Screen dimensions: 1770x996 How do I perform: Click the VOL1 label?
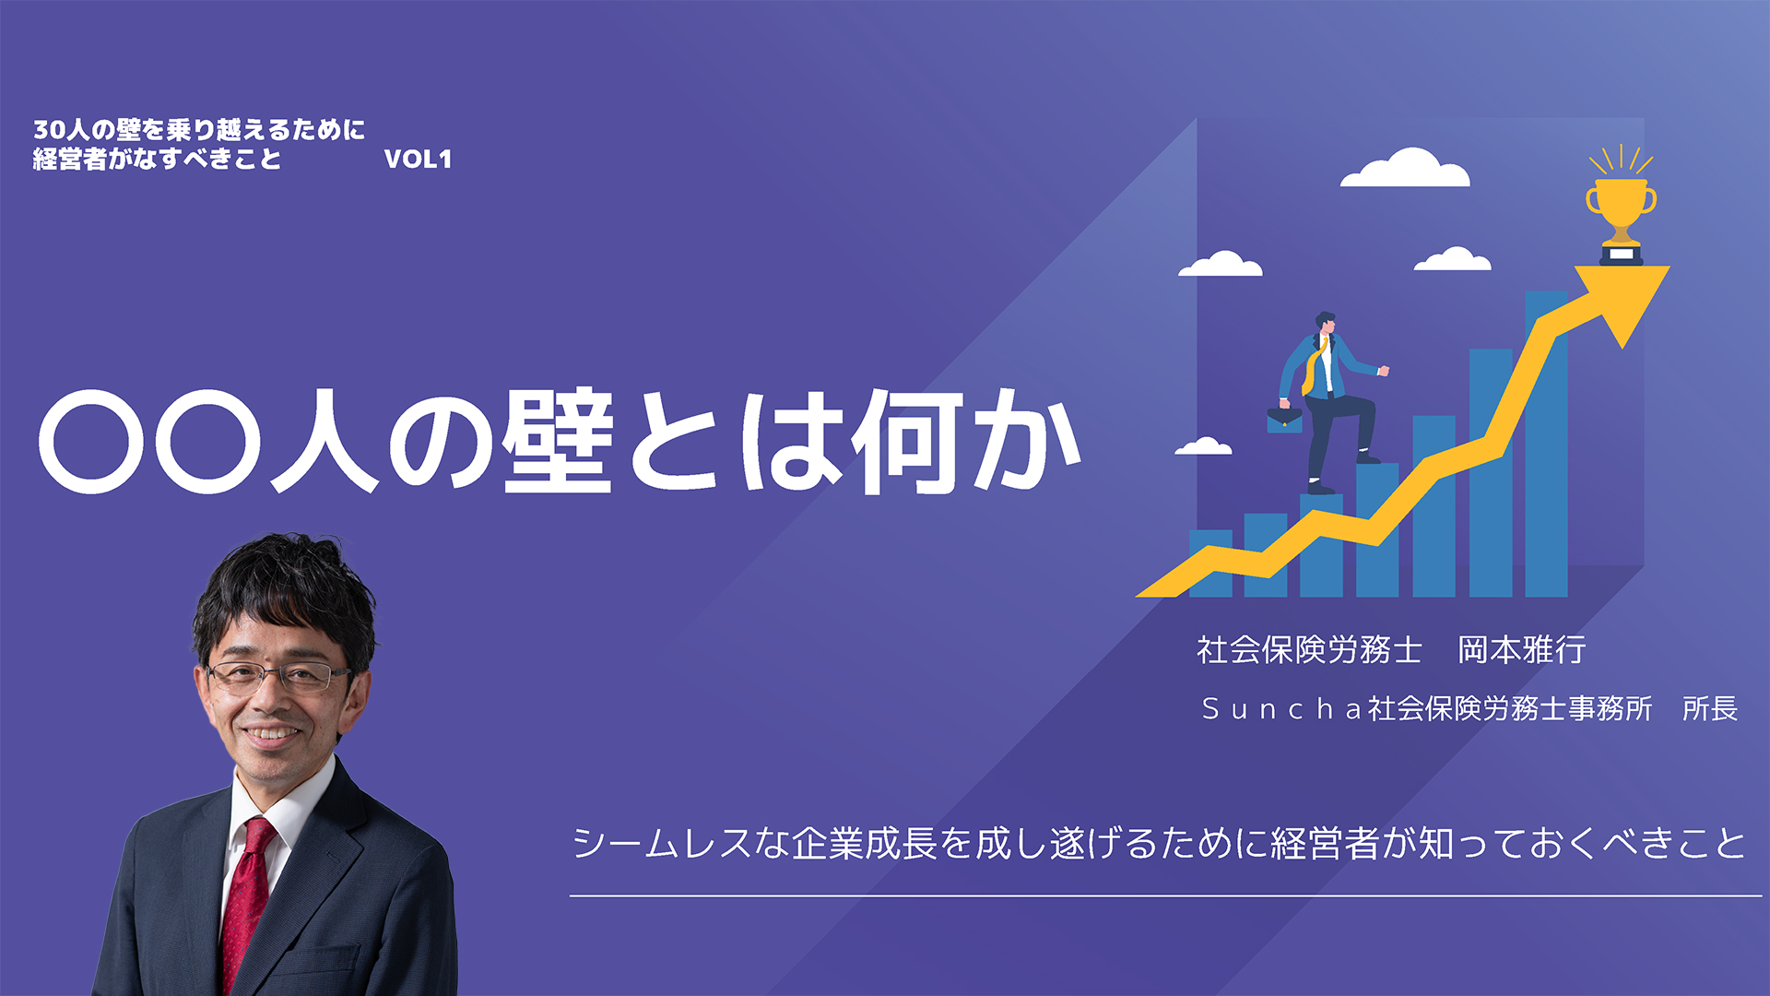418,159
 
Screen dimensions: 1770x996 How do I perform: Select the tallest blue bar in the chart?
1546,444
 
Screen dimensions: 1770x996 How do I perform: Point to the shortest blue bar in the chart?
1210,563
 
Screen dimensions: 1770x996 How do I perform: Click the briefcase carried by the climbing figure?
1284,420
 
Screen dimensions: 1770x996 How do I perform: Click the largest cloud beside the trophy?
1405,168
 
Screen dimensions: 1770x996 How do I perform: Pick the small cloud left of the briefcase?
1203,446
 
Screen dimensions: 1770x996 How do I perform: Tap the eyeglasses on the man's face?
277,678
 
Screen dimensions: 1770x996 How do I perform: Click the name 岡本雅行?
1521,650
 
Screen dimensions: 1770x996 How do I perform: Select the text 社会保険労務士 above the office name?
1309,650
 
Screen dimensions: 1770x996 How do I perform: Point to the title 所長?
1710,708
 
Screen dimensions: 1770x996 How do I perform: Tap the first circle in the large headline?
92,441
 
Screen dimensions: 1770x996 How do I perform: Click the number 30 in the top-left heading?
49,130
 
